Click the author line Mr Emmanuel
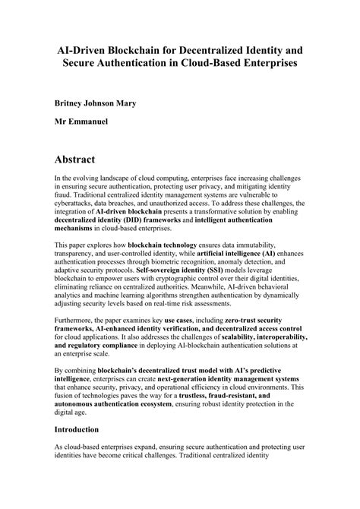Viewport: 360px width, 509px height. [x=84, y=121]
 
